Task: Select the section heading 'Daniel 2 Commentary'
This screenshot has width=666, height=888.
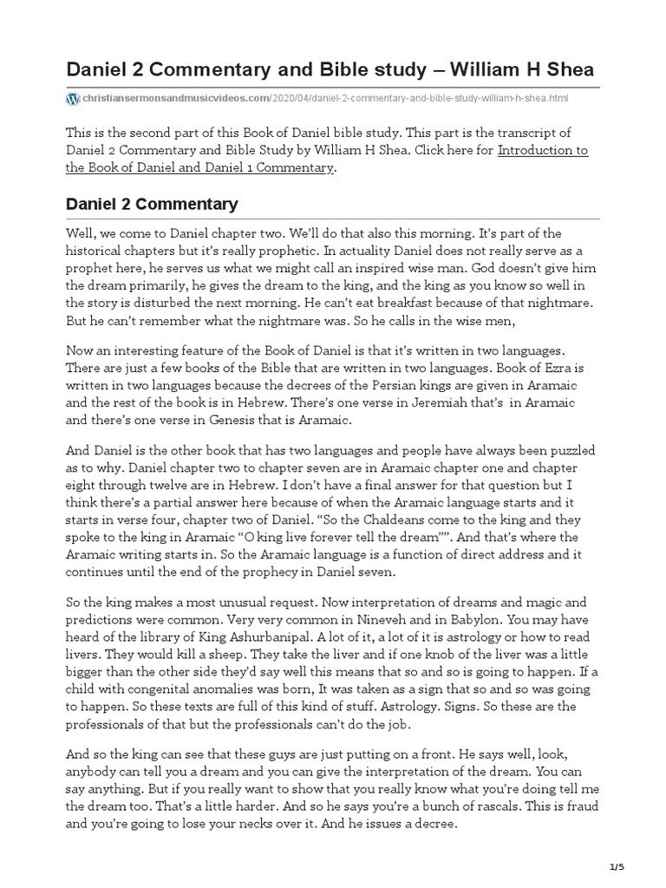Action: [x=152, y=205]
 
